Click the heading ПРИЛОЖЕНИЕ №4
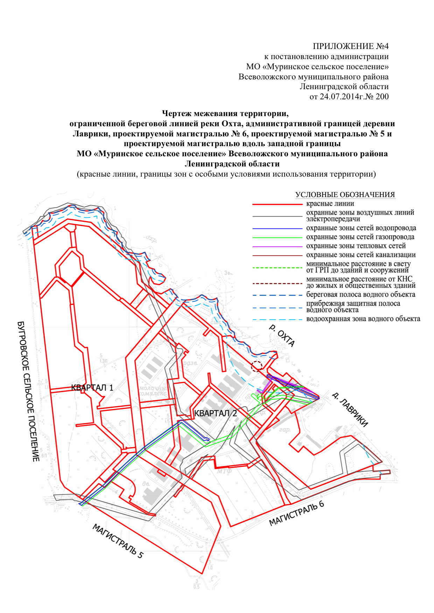point(350,47)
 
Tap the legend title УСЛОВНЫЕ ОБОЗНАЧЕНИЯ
point(345,195)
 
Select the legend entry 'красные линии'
point(330,204)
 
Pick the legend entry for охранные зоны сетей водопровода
point(361,228)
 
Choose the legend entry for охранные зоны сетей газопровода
point(360,237)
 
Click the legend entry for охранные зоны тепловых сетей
point(356,246)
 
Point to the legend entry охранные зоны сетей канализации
point(361,255)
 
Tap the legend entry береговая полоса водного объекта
point(360,294)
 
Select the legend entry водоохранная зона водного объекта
point(363,319)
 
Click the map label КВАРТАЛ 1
point(92,387)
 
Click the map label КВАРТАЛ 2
point(216,413)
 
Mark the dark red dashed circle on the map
point(257,366)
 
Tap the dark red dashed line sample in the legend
point(277,282)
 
